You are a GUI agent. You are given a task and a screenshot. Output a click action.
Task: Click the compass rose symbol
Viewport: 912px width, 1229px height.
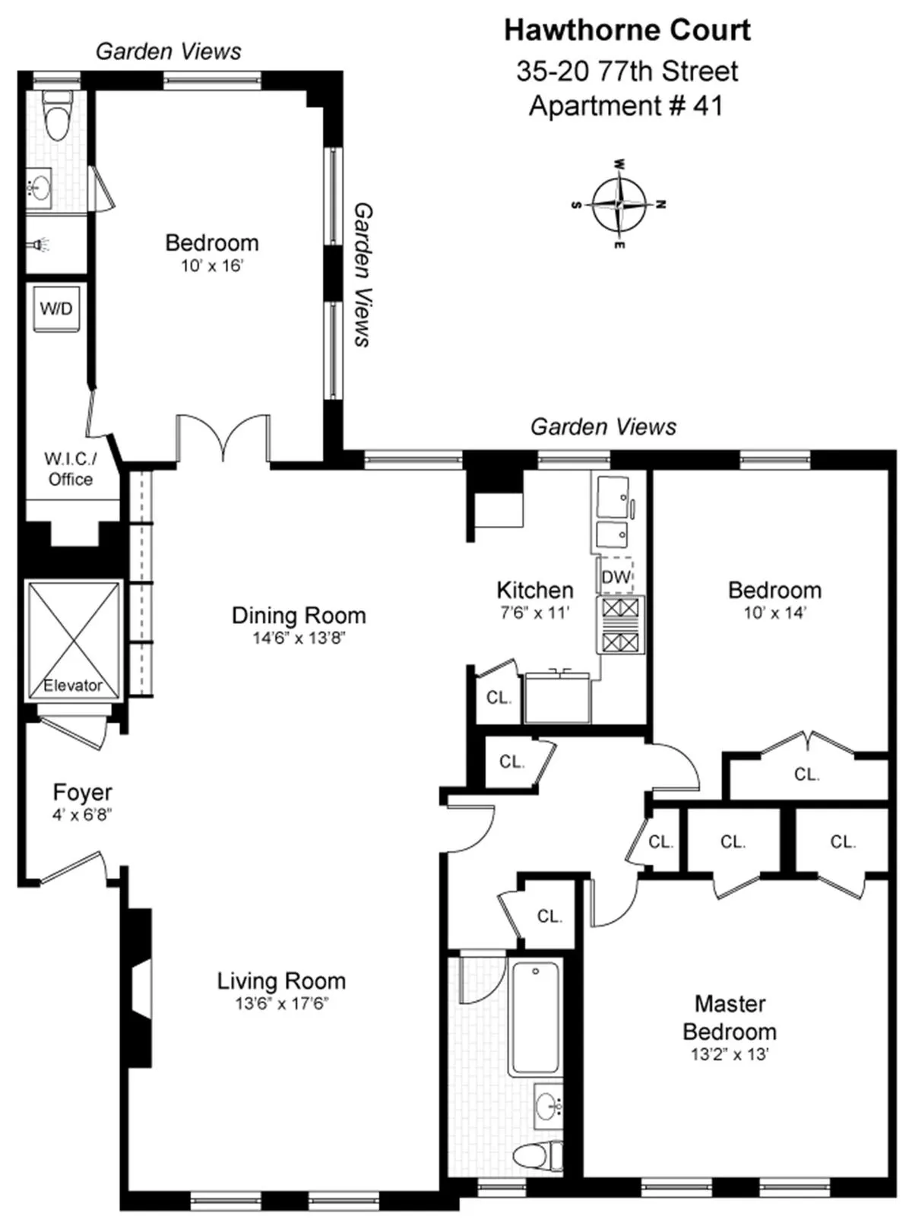[619, 204]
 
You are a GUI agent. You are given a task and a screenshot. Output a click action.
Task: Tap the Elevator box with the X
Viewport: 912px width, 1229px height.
[74, 639]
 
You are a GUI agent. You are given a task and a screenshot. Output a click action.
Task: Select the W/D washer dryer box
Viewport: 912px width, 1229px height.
[56, 309]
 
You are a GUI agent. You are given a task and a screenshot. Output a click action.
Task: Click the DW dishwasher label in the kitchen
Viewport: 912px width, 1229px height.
[616, 577]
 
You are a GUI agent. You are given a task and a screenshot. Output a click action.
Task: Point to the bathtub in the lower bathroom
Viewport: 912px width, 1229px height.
[536, 1018]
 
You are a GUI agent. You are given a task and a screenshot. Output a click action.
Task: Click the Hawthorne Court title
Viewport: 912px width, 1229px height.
[627, 30]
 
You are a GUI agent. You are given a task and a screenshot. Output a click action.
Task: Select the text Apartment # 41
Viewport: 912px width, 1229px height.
[625, 106]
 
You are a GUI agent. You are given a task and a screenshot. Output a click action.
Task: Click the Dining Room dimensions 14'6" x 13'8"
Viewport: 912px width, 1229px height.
[299, 638]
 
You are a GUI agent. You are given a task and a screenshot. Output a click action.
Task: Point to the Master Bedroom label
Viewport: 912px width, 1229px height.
[730, 1018]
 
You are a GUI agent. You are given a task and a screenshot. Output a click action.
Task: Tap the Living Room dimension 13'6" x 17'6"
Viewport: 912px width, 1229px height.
[281, 1003]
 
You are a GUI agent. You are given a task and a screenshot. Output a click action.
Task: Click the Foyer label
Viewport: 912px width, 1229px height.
[82, 792]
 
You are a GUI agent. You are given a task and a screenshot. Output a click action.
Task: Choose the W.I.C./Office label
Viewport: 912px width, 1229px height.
[70, 469]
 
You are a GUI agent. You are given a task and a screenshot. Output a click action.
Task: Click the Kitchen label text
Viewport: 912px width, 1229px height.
[534, 590]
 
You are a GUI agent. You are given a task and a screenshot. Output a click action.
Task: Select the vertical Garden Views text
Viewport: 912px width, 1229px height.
[363, 274]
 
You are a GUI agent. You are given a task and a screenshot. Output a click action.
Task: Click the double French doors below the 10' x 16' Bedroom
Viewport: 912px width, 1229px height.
[223, 439]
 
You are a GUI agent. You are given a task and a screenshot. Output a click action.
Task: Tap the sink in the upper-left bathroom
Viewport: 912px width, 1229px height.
[39, 186]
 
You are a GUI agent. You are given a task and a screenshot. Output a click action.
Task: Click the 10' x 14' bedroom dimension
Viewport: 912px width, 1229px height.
[774, 612]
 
